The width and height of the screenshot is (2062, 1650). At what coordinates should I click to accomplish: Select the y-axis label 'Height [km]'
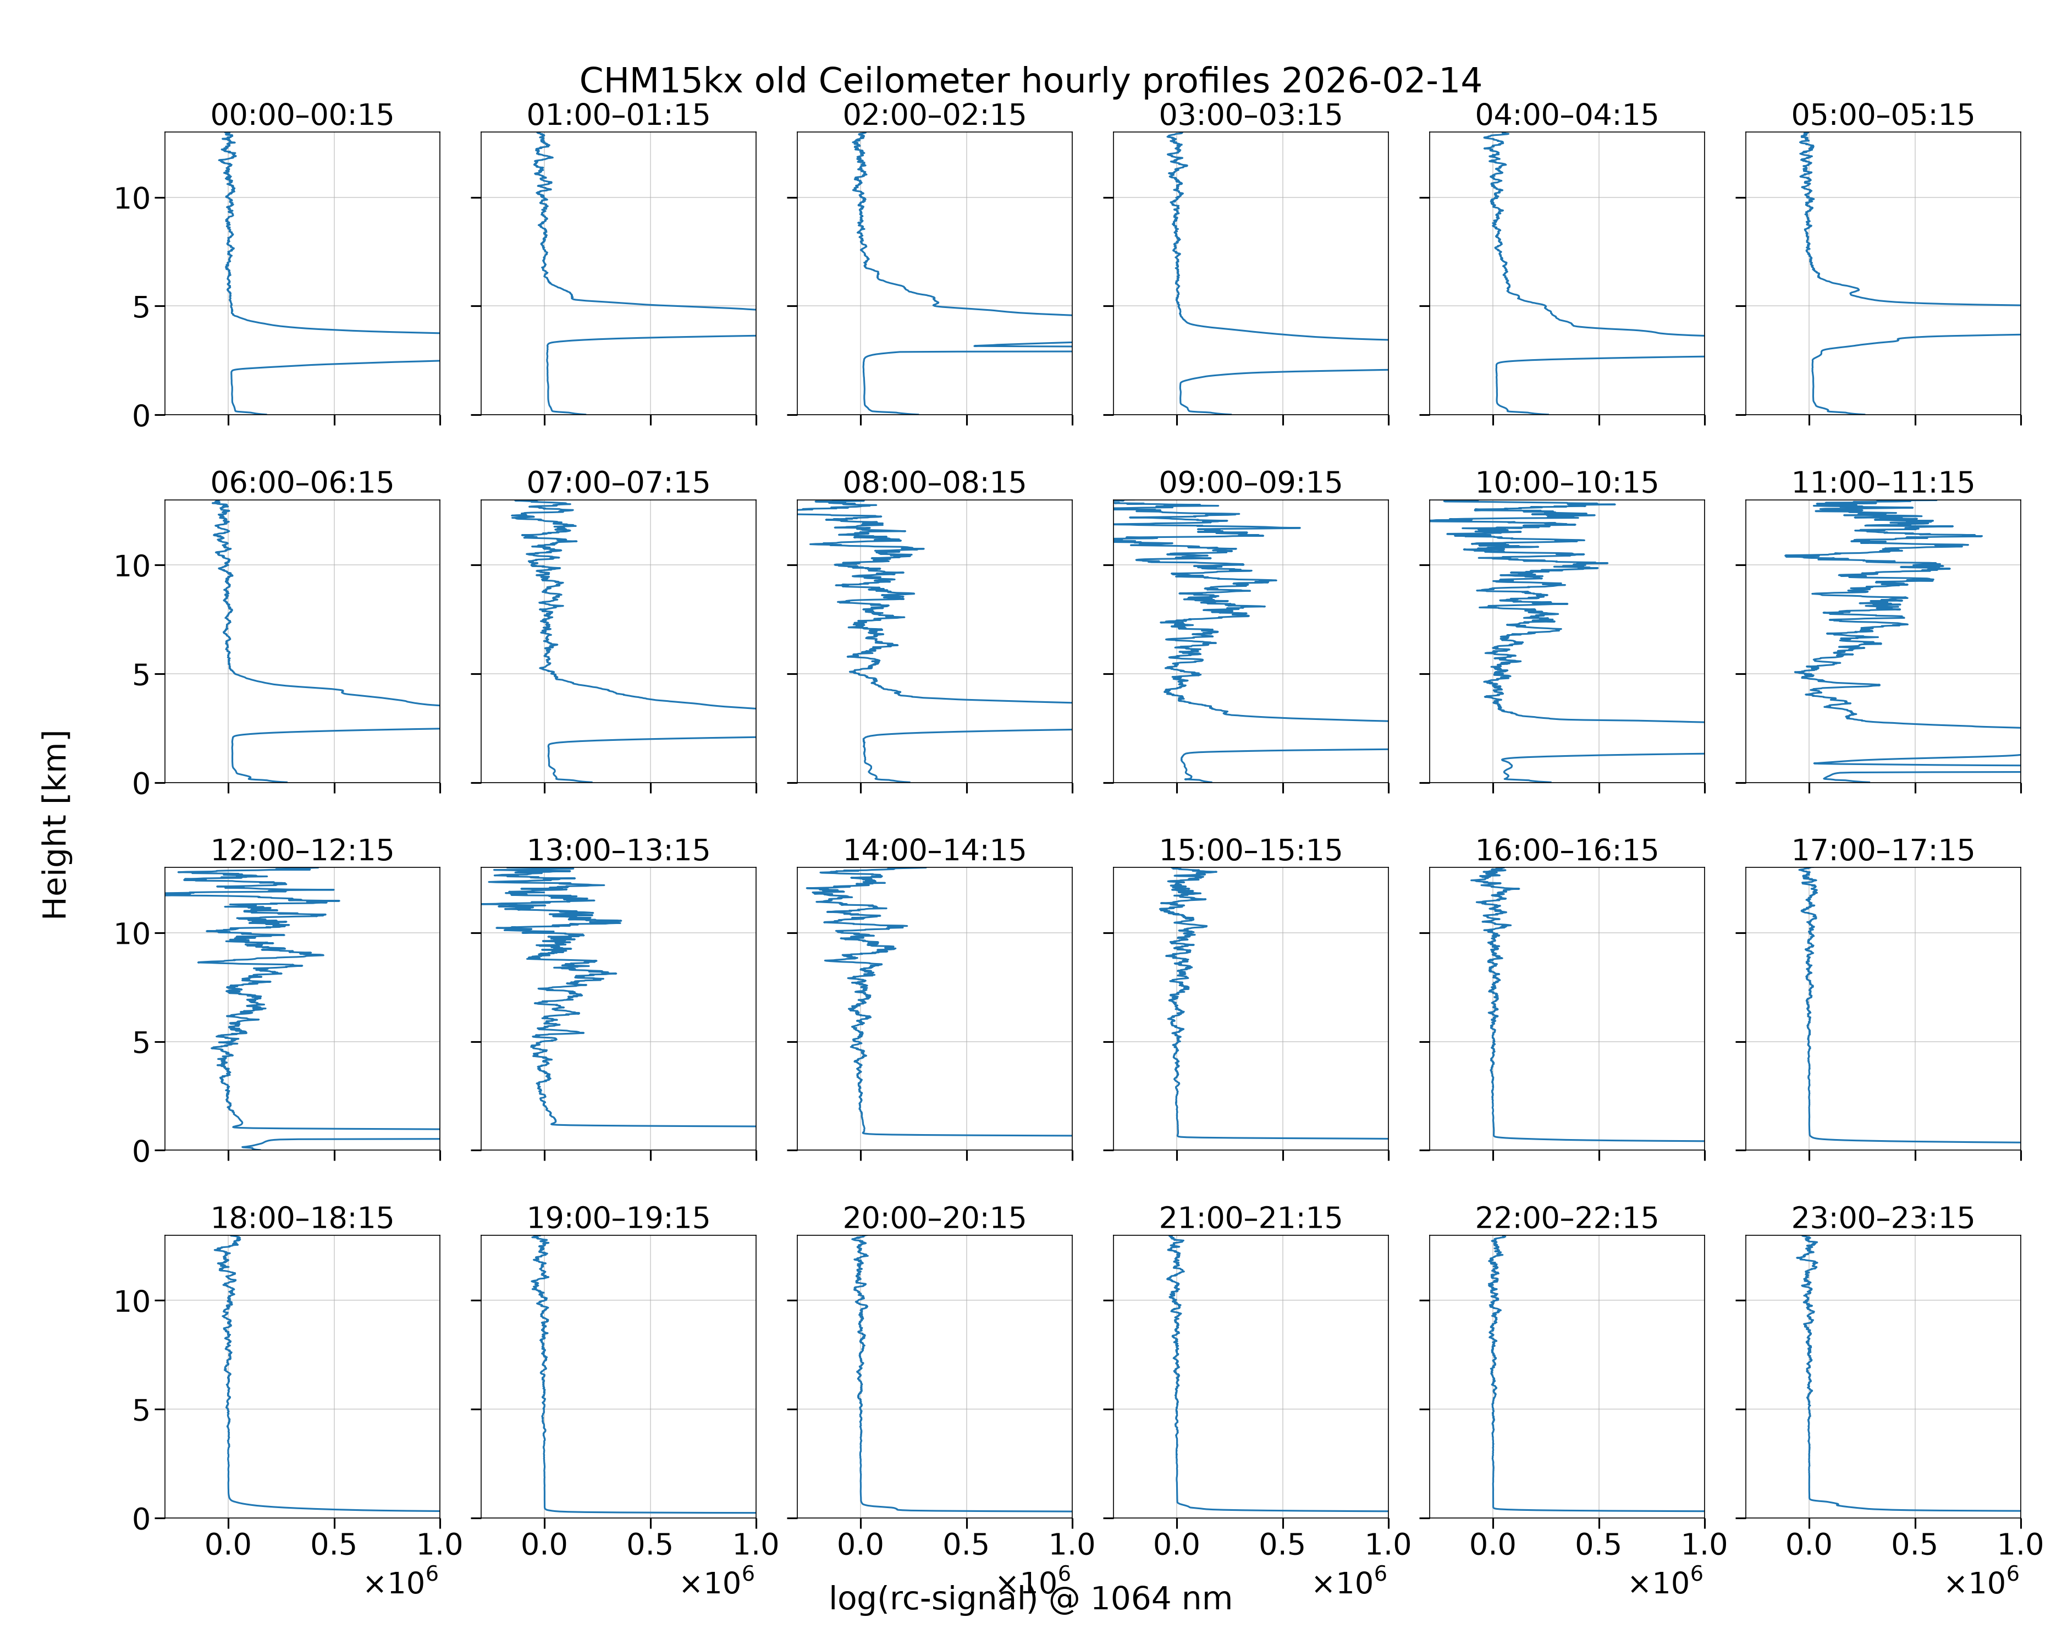click(56, 824)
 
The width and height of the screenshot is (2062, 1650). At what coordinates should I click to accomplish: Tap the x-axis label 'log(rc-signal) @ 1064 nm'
click(1030, 1598)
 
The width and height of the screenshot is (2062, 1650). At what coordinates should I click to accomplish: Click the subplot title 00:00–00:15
click(302, 115)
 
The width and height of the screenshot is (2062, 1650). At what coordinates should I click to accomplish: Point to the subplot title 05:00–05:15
click(1883, 115)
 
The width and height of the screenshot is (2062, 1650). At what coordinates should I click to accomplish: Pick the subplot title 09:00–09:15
click(1251, 482)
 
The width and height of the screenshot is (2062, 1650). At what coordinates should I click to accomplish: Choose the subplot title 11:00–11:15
click(1883, 482)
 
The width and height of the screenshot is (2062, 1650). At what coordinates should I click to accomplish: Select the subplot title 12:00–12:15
click(302, 850)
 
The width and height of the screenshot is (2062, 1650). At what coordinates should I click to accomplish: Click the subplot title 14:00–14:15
click(934, 850)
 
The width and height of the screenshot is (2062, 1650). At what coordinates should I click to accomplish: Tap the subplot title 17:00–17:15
click(1883, 850)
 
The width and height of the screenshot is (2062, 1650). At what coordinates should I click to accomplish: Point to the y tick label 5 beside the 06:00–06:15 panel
click(141, 674)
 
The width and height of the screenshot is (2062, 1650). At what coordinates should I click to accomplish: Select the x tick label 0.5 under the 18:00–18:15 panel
click(334, 1544)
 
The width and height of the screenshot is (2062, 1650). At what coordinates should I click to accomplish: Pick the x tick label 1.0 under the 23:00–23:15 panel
click(2020, 1544)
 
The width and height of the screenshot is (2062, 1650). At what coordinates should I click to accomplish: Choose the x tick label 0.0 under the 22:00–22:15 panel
click(1493, 1544)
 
